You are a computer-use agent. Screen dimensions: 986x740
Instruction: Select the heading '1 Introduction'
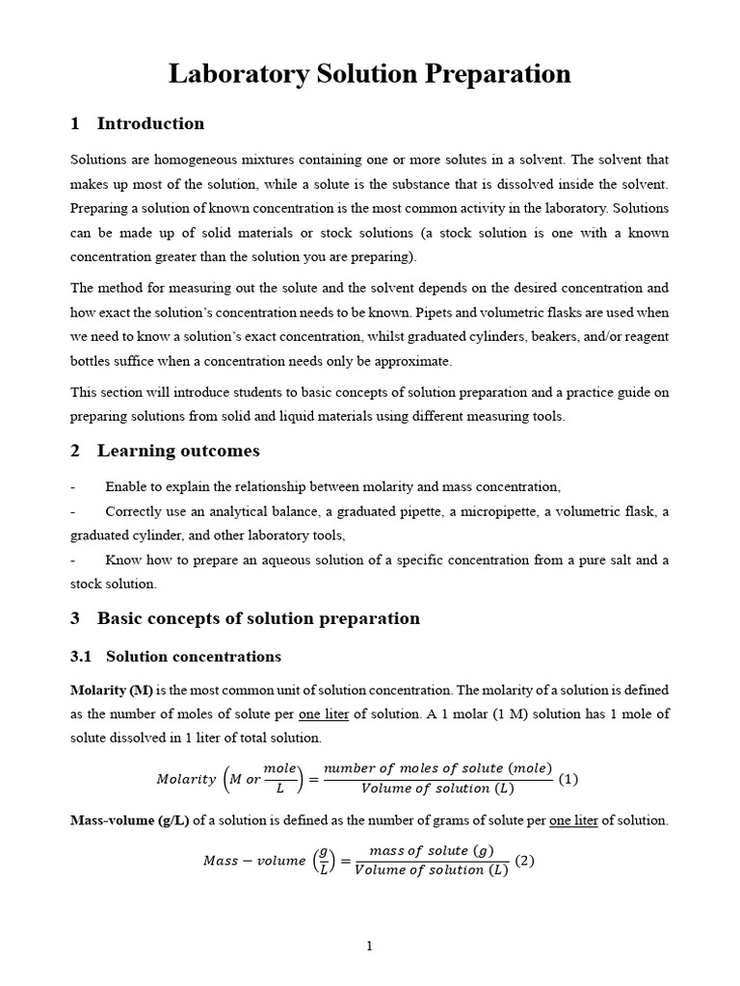click(138, 123)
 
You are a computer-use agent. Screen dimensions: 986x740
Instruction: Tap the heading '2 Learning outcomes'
click(165, 451)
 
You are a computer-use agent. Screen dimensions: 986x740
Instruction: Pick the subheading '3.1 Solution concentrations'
click(176, 657)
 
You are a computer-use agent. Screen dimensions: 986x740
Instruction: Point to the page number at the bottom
click(369, 947)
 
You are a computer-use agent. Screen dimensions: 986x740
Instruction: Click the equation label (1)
click(568, 779)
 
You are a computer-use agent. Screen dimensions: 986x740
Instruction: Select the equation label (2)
click(525, 861)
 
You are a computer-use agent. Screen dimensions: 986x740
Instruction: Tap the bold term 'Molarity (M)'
click(111, 690)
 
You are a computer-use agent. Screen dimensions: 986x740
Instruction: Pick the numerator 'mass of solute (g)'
click(433, 851)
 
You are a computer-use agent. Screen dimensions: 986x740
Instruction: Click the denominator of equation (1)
click(437, 789)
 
